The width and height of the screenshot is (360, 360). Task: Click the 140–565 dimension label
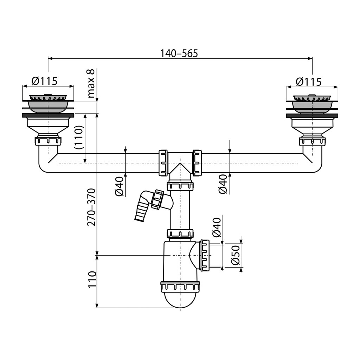pos(179,53)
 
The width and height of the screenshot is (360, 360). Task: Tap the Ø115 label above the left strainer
pos(45,81)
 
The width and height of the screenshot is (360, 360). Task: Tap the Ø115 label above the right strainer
pos(309,82)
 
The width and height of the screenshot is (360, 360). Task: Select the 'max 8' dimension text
pos(91,84)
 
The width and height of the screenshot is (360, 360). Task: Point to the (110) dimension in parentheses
pos(79,137)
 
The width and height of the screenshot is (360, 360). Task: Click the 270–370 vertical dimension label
pos(91,207)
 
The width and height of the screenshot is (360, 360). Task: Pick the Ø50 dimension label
pos(236,255)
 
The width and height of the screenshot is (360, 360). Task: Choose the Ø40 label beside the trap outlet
pos(217,227)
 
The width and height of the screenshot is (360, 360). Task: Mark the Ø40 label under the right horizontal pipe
pos(223,184)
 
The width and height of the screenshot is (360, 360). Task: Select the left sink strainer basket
pos(48,104)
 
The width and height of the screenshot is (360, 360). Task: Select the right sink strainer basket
pos(312,104)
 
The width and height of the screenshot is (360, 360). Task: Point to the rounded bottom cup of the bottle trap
pos(180,300)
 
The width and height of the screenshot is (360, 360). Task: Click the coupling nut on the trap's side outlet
pos(205,255)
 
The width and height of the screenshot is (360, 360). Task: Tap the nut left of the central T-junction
pos(163,163)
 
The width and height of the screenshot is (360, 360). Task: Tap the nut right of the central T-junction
pos(197,163)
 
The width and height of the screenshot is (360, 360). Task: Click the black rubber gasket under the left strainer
pos(48,115)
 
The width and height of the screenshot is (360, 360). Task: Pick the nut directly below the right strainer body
pos(312,141)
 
